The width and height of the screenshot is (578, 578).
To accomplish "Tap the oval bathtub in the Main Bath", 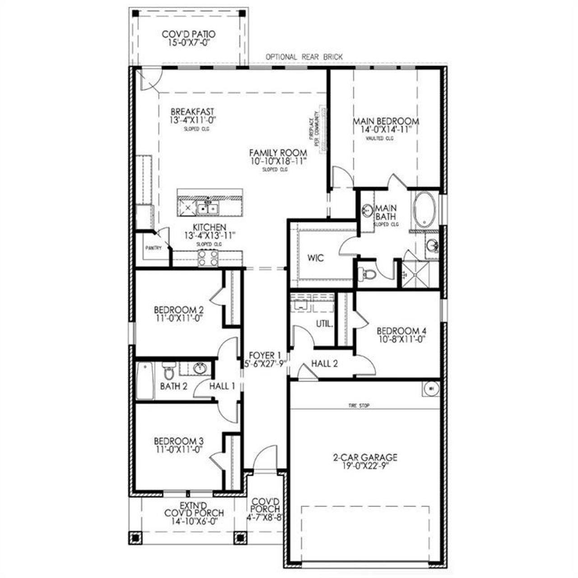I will click(425, 210).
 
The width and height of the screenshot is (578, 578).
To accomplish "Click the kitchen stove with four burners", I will click(208, 258).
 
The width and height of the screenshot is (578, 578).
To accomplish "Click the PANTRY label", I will click(153, 248).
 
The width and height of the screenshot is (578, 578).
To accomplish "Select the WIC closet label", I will click(316, 258).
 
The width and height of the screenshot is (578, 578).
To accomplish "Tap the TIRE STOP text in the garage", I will click(359, 406).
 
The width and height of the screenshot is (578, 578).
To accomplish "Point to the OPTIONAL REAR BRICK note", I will click(304, 57).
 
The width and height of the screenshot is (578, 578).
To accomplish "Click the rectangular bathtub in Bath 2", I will click(145, 381).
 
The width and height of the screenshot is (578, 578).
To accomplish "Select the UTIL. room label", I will click(324, 324).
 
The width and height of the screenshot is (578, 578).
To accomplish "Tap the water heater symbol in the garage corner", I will click(430, 388).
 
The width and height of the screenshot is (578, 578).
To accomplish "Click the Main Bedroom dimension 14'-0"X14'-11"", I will click(386, 130).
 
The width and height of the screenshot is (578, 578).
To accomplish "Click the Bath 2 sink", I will click(200, 368).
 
